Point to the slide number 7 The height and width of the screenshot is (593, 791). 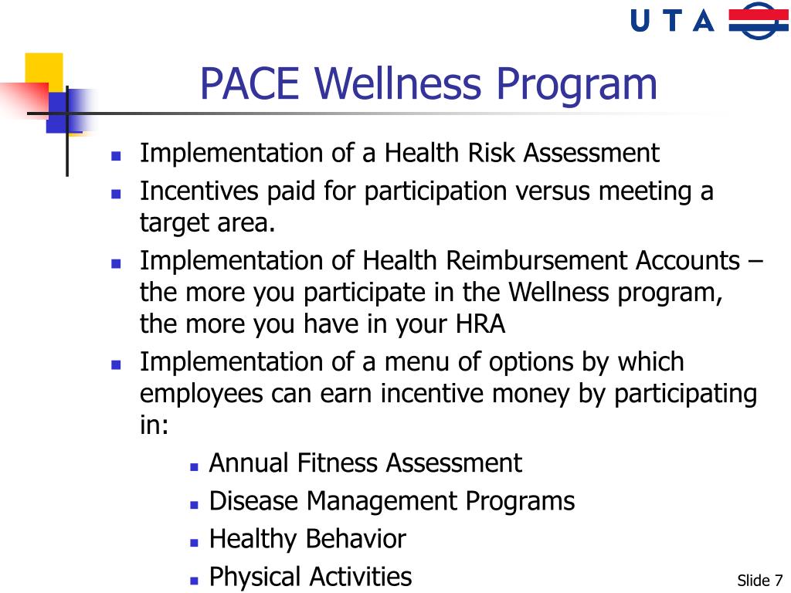[777, 581]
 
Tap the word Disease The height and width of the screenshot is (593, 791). [254, 501]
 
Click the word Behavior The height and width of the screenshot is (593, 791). [356, 538]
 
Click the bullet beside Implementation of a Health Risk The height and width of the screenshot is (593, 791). [117, 155]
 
